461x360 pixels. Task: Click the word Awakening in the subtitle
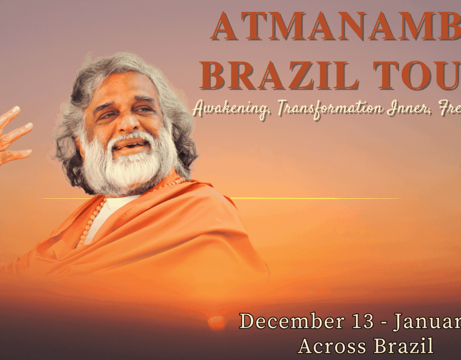(x=230, y=109)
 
